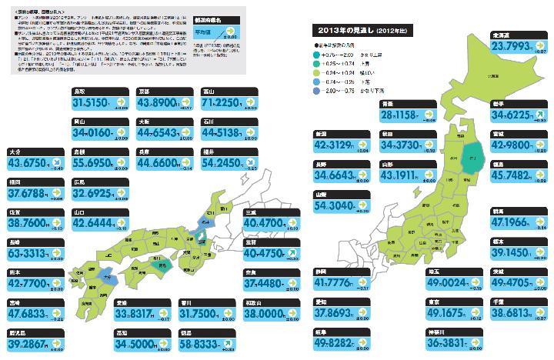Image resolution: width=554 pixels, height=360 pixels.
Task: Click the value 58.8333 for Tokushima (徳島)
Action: tap(204, 342)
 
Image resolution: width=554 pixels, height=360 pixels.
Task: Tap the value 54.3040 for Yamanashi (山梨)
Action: tap(335, 206)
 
